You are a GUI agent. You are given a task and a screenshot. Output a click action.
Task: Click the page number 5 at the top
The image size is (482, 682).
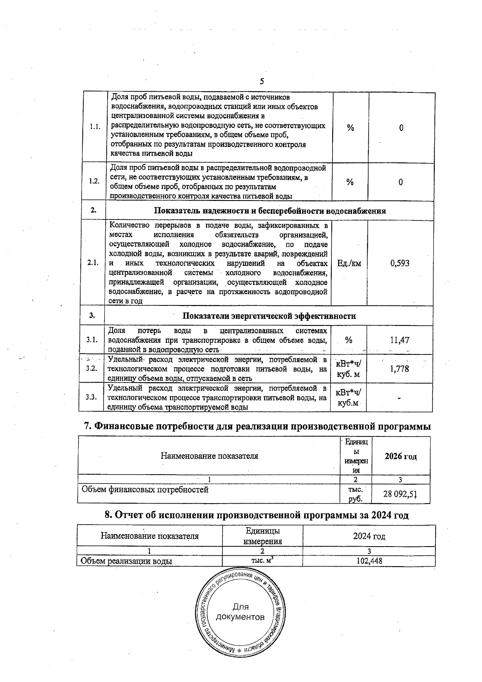(261, 82)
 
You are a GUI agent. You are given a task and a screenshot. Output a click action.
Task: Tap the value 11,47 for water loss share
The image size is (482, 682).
(400, 340)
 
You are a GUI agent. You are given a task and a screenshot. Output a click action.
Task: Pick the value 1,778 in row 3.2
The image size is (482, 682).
(400, 369)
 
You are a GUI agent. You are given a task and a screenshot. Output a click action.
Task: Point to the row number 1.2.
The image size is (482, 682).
(94, 181)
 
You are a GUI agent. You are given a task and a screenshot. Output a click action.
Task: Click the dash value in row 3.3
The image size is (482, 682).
(399, 398)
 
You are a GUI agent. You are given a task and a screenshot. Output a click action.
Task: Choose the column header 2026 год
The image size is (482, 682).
(400, 457)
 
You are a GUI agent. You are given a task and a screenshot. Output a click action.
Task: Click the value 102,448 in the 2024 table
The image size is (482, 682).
(369, 561)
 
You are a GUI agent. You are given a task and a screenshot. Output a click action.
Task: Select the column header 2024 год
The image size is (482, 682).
(369, 537)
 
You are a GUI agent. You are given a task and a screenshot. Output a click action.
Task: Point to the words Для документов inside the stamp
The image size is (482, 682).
(241, 612)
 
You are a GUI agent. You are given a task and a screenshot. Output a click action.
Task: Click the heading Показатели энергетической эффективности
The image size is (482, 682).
(269, 316)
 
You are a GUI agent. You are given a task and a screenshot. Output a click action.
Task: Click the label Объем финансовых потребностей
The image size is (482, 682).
(145, 489)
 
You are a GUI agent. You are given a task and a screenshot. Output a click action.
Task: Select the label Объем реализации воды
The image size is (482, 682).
(127, 561)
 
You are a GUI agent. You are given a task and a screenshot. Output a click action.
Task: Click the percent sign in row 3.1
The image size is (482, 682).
(349, 340)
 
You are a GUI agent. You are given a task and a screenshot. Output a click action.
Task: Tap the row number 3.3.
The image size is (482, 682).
(92, 397)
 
